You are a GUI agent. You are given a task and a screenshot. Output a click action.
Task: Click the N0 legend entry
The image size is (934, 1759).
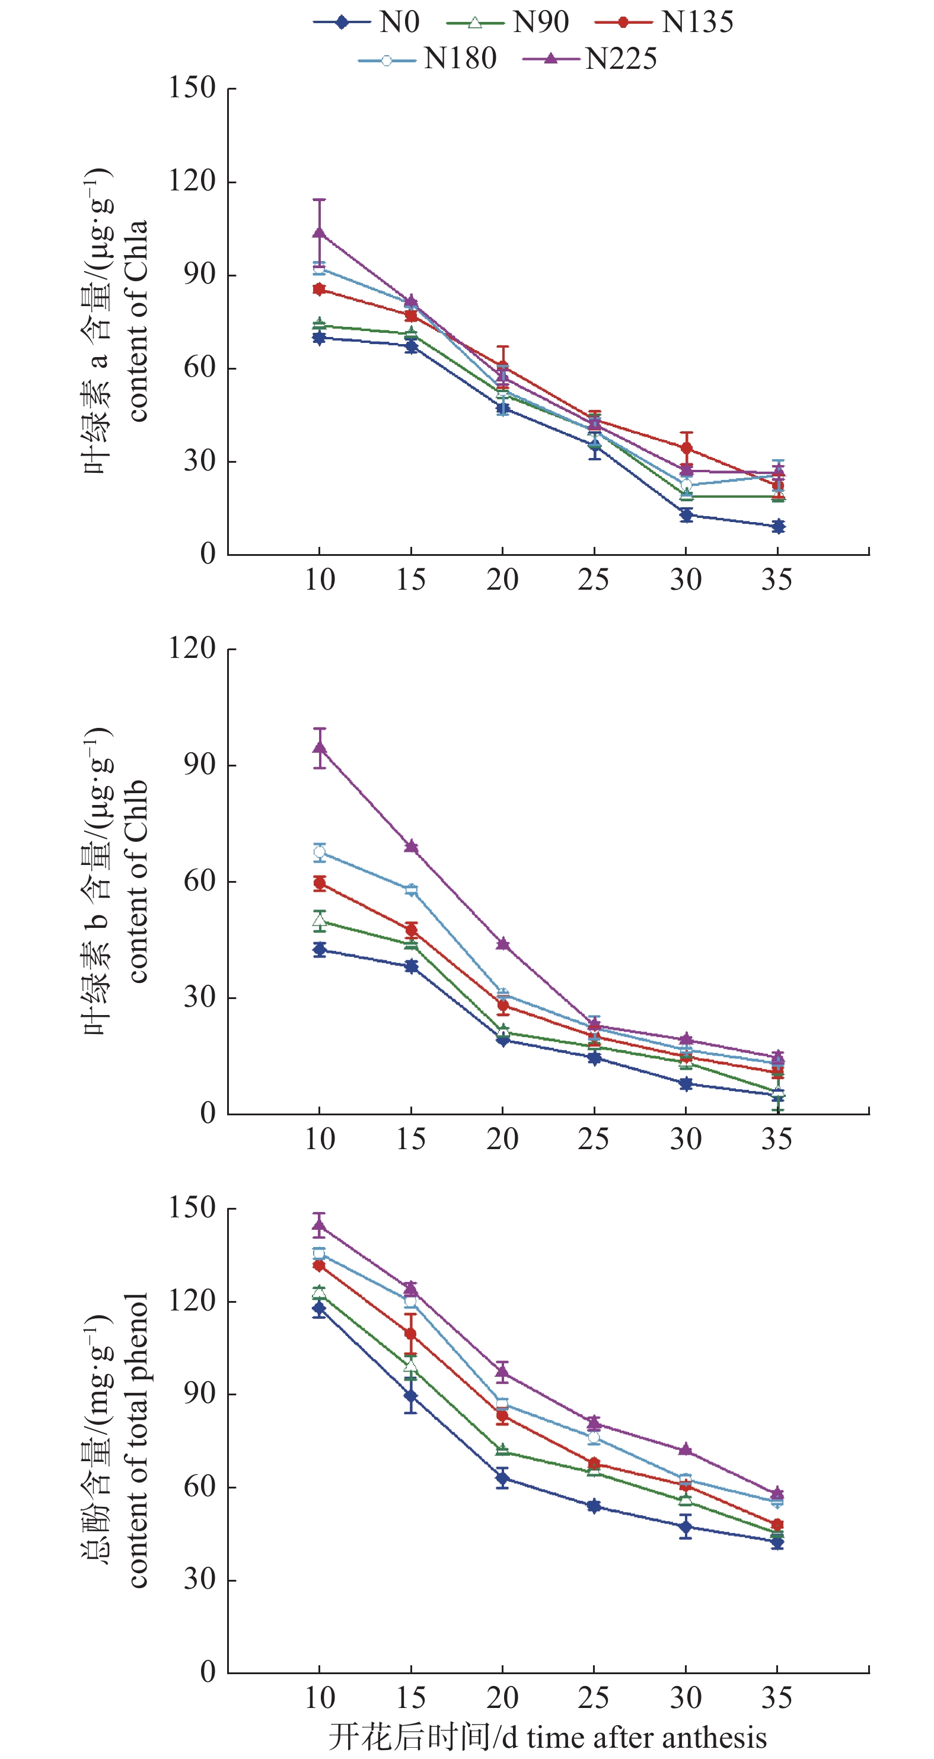tap(366, 23)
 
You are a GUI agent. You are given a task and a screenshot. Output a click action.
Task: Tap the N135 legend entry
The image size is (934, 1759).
tap(664, 23)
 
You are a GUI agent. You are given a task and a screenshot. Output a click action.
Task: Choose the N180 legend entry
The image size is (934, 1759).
tap(428, 59)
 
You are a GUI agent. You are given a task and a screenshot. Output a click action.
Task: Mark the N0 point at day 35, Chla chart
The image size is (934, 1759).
tap(777, 526)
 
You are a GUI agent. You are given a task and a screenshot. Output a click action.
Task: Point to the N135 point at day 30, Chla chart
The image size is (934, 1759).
tap(686, 448)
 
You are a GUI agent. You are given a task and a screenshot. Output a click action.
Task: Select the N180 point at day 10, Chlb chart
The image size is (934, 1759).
tap(319, 851)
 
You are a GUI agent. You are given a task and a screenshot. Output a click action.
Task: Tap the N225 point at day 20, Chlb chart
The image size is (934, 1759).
tap(502, 944)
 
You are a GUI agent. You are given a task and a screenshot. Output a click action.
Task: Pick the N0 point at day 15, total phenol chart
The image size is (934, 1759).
tap(410, 1396)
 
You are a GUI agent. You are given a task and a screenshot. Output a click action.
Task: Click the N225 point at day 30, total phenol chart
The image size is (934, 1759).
tap(686, 1449)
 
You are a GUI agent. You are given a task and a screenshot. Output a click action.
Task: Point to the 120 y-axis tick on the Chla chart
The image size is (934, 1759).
tap(192, 182)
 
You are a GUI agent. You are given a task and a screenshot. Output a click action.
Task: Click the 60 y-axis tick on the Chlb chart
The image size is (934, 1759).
tap(199, 881)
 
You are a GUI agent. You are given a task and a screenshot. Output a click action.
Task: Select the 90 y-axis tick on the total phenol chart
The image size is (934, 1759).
tap(199, 1394)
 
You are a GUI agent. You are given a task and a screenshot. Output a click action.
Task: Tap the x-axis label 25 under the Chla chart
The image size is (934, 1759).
tap(593, 580)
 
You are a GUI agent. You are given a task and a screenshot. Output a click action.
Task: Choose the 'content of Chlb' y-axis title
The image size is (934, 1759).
tap(136, 881)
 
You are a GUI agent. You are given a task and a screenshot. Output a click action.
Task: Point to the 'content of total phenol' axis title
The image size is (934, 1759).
tap(136, 1441)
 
